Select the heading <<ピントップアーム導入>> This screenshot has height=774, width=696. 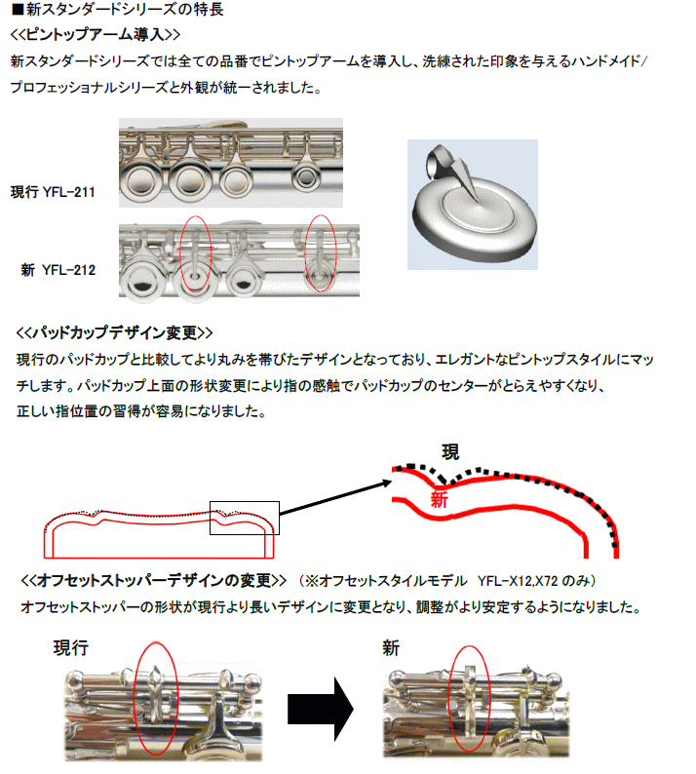[96, 34]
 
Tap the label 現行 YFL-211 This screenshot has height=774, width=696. [53, 191]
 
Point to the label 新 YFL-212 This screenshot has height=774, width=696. [58, 270]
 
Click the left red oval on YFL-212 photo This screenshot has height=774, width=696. [180, 255]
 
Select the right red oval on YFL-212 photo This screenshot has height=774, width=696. [306, 254]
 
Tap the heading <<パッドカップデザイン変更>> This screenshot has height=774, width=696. [114, 332]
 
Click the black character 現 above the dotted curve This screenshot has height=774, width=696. [450, 452]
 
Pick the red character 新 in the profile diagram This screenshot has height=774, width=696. [439, 499]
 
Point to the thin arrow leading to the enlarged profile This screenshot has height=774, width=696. [335, 498]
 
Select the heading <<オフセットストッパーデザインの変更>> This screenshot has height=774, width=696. [153, 580]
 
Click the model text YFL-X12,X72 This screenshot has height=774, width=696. [518, 581]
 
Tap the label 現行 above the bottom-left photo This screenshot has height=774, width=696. [71, 647]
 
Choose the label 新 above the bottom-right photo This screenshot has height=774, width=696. [391, 647]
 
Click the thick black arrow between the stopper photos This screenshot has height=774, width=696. [321, 709]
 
